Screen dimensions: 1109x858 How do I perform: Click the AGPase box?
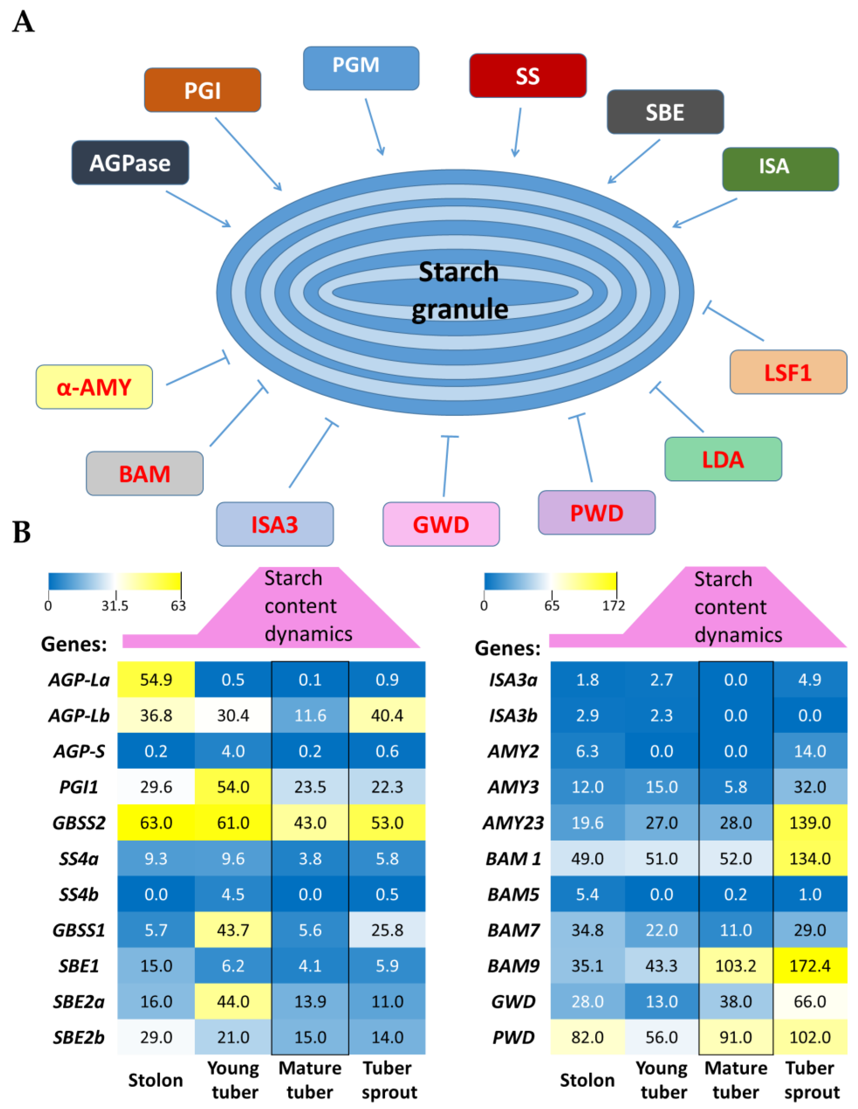[130, 163]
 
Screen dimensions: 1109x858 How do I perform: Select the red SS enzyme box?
[527, 76]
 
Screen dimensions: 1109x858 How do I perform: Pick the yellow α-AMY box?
[94, 387]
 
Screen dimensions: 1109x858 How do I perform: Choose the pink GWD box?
[441, 524]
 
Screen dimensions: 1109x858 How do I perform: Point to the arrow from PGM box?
[374, 127]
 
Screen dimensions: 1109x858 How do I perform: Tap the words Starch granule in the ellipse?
[459, 291]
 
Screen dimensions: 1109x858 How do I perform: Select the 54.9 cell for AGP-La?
[156, 679]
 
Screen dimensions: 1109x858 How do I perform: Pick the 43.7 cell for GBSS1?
[233, 930]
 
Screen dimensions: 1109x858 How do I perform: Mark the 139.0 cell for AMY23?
[810, 823]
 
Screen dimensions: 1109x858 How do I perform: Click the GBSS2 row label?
[79, 823]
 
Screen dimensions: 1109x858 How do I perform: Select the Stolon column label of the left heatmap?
[155, 1080]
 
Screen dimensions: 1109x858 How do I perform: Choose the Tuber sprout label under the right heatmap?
[811, 1080]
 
